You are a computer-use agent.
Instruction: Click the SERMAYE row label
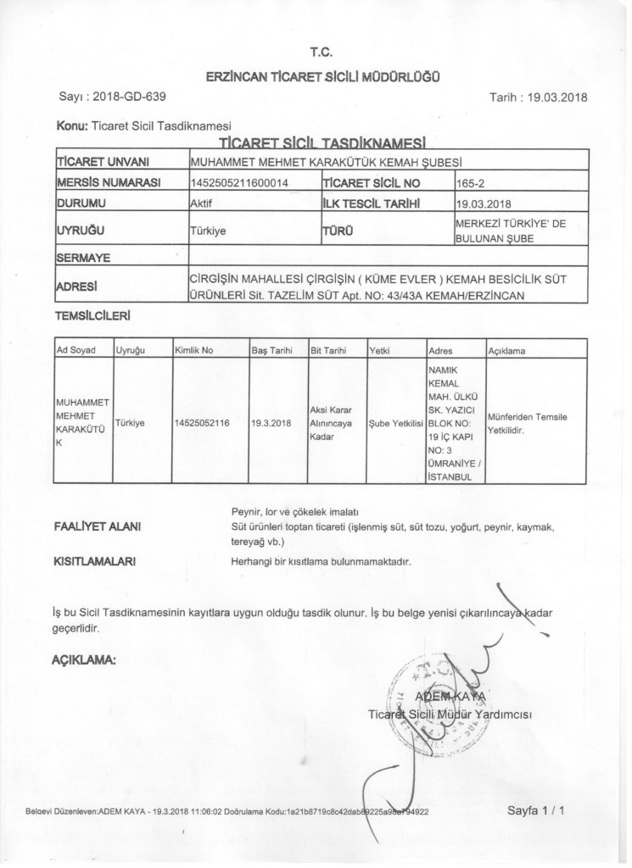coord(86,256)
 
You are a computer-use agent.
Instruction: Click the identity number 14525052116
coord(204,421)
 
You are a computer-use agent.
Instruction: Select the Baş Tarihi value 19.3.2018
coord(271,421)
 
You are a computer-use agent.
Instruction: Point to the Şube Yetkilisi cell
coord(396,421)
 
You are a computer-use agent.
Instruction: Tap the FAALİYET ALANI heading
coord(98,527)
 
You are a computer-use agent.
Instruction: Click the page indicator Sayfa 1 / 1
coord(536,810)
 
